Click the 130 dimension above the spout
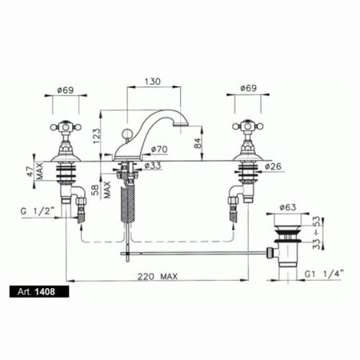(153, 81)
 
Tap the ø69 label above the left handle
(66, 90)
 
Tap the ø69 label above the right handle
(248, 88)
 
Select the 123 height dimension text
(97, 136)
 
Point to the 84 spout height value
(197, 143)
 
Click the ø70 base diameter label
(159, 150)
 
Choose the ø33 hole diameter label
(153, 166)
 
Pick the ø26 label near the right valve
(273, 166)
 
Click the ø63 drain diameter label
(288, 207)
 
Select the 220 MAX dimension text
(158, 276)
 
